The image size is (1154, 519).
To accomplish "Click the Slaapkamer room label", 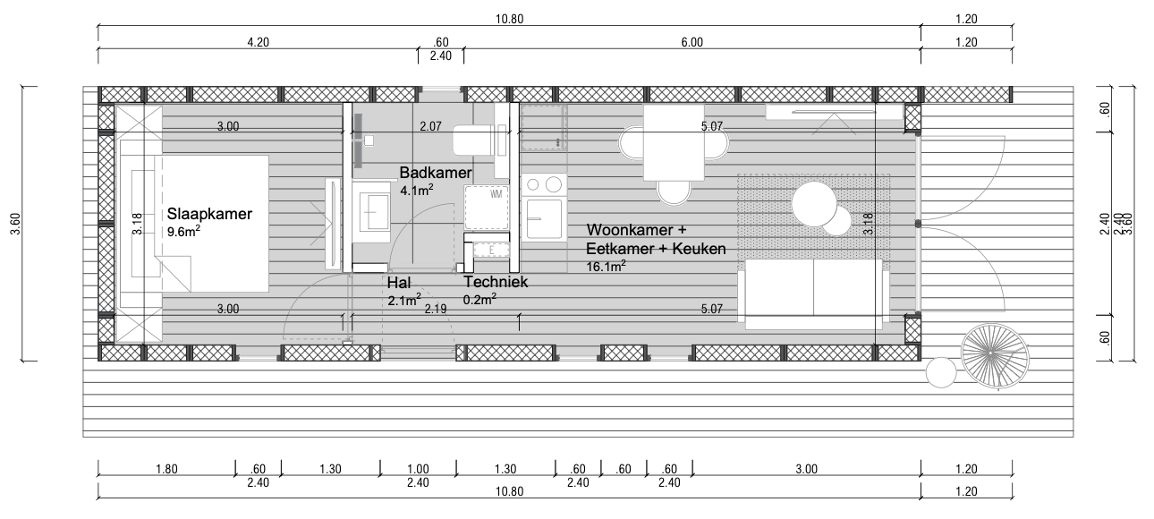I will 209,215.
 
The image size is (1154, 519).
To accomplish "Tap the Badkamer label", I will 436,173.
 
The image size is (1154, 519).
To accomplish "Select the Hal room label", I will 398,283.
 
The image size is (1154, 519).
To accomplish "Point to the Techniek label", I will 496,283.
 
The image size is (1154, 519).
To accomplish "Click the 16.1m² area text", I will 606,266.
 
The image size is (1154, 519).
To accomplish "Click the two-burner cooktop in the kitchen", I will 543,185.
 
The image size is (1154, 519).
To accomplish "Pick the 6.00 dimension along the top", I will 692,42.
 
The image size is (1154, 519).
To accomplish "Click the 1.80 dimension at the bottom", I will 165,469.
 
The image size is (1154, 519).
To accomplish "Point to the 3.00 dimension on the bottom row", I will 806,469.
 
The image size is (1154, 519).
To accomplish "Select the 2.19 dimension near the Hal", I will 436,310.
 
